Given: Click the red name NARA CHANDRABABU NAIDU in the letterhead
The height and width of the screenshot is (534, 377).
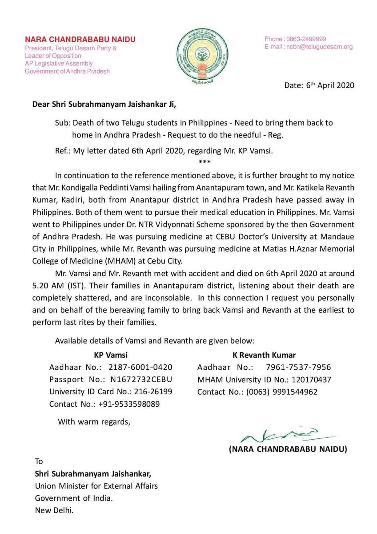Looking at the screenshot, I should (80, 40).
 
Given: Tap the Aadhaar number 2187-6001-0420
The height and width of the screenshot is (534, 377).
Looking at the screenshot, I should (141, 368).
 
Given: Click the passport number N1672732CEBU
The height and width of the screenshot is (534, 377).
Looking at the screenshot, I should (141, 380).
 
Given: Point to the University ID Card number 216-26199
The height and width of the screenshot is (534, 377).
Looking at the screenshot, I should (151, 392).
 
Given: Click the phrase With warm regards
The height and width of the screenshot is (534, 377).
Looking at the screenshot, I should (94, 421).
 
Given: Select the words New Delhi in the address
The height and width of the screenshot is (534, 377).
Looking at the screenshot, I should (54, 510).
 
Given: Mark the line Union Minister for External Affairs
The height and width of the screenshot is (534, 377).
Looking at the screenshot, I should (96, 486).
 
